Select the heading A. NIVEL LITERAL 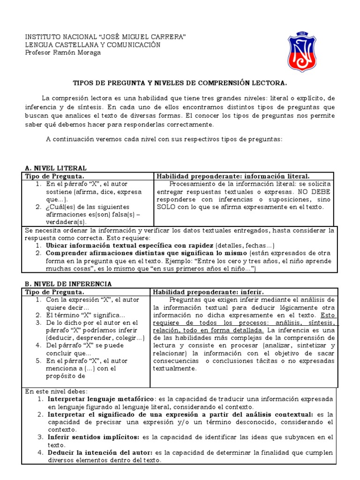(x=55, y=168)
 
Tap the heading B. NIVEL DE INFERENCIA (x=68, y=284)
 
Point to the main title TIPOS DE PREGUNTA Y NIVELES (x=180, y=83)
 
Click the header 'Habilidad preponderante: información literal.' (x=232, y=176)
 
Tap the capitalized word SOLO (x=166, y=207)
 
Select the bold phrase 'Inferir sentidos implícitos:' (x=92, y=437)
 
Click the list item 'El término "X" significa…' (x=86, y=315)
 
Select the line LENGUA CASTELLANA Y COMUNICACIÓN (x=92, y=45)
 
